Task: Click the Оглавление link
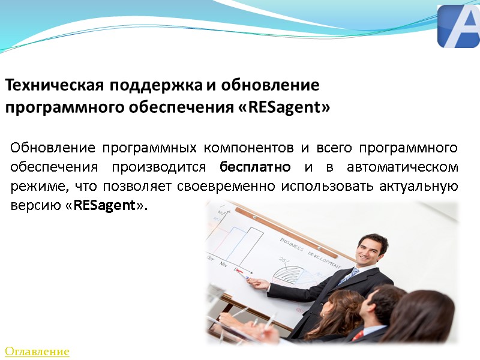coord(37,352)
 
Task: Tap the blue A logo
coord(458,26)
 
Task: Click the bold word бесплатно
coord(256,166)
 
